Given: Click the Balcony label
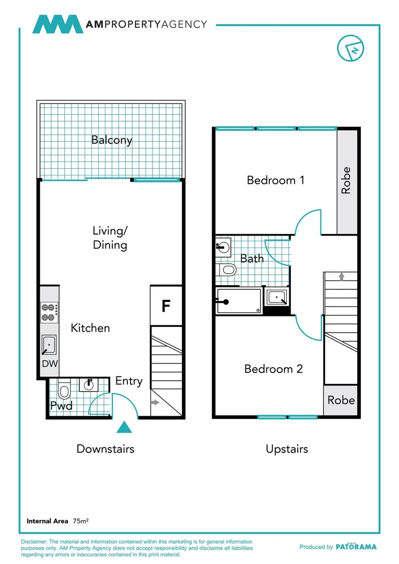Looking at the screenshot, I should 112,140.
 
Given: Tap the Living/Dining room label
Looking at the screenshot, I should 110,238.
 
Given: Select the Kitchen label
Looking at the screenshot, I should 90,328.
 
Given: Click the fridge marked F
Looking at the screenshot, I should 166,305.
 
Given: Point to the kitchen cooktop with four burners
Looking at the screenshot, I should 50,312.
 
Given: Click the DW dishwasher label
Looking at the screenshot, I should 50,363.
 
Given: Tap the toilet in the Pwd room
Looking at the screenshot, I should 64,391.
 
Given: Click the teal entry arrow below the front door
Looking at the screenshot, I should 124,427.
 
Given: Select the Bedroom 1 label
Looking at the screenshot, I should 275,180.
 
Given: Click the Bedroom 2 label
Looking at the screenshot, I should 273,369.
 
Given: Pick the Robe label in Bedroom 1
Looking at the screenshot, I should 346,181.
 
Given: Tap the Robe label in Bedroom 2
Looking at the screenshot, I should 341,400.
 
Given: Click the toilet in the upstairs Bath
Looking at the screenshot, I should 227,270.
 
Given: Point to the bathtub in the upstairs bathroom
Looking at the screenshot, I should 239,301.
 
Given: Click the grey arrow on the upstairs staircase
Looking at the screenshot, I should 342,276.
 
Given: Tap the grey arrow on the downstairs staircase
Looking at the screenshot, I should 155,403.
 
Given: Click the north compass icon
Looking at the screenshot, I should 351,49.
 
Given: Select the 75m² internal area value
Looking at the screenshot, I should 80,521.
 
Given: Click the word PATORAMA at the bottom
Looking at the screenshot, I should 356,547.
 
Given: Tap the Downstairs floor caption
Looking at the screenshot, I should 105,449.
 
